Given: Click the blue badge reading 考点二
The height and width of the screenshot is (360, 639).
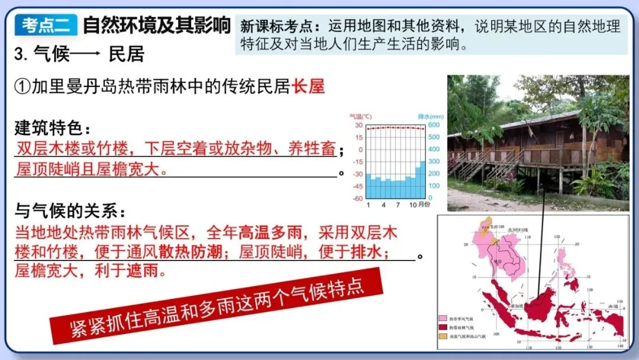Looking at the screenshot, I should tap(46, 25).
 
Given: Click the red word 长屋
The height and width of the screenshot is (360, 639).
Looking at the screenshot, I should tap(308, 86).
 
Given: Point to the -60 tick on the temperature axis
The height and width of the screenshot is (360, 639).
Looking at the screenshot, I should tap(357, 198).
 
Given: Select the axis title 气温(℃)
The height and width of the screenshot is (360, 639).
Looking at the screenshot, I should tap(360, 117).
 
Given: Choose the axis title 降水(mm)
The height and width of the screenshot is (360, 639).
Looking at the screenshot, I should tap(431, 117).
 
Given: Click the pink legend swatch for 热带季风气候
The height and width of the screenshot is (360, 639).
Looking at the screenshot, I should tap(443, 319).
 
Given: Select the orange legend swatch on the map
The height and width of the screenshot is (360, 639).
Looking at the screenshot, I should tap(443, 336).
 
